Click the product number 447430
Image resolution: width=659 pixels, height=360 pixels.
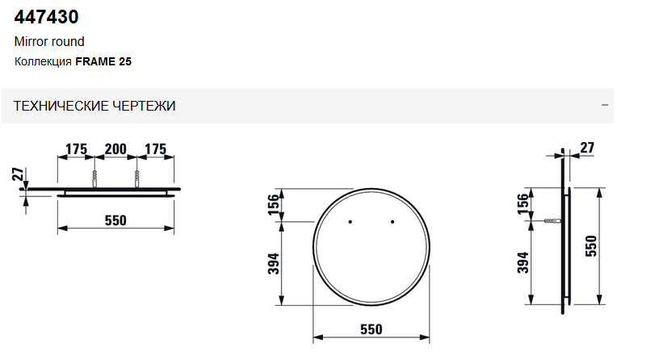tap(46, 17)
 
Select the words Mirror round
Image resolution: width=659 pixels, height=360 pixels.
tap(49, 42)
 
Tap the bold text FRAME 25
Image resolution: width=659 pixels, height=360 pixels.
tap(103, 62)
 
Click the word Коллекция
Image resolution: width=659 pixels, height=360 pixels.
tap(43, 62)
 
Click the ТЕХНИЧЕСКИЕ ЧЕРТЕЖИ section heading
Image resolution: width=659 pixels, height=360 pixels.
tap(94, 106)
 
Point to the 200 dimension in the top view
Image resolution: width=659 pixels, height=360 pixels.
tap(115, 149)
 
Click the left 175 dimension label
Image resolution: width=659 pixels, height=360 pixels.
tap(77, 149)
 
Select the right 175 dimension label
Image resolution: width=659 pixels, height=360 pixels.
tap(156, 149)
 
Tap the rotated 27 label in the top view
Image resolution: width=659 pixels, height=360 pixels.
tap(18, 174)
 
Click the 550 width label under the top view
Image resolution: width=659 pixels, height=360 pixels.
tap(115, 220)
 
